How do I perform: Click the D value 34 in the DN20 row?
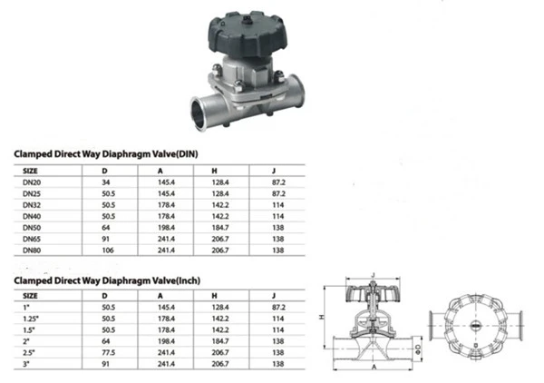(x=106, y=182)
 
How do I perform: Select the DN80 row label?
(x=32, y=250)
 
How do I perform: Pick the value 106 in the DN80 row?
(x=108, y=250)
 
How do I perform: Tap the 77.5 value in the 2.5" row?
(x=109, y=353)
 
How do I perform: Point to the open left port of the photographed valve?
(x=199, y=113)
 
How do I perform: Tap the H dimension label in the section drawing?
(x=322, y=317)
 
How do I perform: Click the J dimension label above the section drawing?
(x=374, y=275)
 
